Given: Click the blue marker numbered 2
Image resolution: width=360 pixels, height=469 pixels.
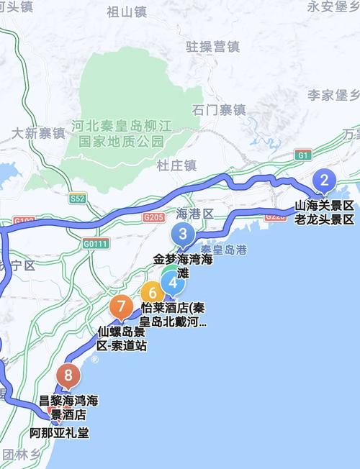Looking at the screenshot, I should (325, 179).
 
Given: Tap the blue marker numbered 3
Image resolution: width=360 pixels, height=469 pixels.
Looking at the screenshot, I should (183, 234).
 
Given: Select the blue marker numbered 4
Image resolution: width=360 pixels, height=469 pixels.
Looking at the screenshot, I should (172, 283).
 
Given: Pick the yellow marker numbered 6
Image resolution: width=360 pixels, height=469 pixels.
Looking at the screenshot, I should (152, 293).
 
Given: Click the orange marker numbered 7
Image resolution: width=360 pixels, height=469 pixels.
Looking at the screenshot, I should (120, 306).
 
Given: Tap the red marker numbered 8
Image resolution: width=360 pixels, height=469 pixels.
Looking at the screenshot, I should (68, 375).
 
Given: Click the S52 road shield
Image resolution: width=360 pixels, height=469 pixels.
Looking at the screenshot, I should (78, 197).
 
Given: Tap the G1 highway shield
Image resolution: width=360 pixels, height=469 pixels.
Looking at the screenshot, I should (302, 155).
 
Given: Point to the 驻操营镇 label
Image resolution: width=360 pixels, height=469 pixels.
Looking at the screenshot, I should (212, 47).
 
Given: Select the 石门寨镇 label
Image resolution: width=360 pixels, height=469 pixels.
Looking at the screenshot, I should (219, 110).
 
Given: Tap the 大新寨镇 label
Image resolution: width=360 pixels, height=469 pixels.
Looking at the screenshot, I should (38, 133).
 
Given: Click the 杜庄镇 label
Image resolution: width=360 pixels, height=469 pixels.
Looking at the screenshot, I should (176, 165).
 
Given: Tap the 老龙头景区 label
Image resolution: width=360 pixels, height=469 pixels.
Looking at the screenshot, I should (325, 219).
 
